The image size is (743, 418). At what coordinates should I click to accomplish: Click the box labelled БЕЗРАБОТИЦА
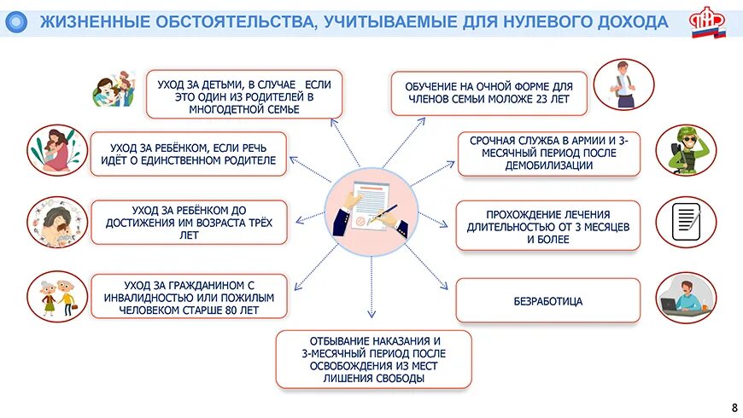click(547, 301)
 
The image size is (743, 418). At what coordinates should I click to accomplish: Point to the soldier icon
click(686, 150)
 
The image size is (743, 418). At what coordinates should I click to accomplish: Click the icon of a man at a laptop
click(686, 296)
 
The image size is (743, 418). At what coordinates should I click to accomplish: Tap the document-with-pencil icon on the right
click(687, 222)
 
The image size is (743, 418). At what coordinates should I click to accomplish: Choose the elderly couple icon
click(57, 295)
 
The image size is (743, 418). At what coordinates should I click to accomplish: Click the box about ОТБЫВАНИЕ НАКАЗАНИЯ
click(373, 359)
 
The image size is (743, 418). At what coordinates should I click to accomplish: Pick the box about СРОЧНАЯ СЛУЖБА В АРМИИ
click(548, 153)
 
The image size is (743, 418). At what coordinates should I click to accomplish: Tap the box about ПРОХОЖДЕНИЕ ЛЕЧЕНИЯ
click(547, 226)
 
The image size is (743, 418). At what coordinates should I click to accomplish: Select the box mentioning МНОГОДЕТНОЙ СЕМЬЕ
click(244, 94)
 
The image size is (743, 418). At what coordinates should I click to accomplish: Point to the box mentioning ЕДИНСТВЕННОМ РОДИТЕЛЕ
click(188, 154)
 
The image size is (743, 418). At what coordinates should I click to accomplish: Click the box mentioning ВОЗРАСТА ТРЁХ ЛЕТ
click(189, 222)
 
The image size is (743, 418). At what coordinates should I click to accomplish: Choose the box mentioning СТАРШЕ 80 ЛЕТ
click(189, 296)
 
